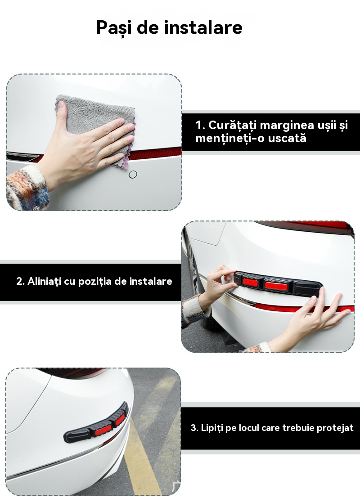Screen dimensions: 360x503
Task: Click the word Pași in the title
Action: [x=114, y=27]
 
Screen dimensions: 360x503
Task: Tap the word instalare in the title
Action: [x=203, y=27]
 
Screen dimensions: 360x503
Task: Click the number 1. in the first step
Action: [x=200, y=125]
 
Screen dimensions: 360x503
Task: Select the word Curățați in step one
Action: [x=232, y=125]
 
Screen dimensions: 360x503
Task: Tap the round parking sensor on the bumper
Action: [x=133, y=175]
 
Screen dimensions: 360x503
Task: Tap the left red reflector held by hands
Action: [x=250, y=282]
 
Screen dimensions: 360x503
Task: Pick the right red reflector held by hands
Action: [x=272, y=285]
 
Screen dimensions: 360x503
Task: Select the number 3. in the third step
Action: [x=194, y=428]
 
